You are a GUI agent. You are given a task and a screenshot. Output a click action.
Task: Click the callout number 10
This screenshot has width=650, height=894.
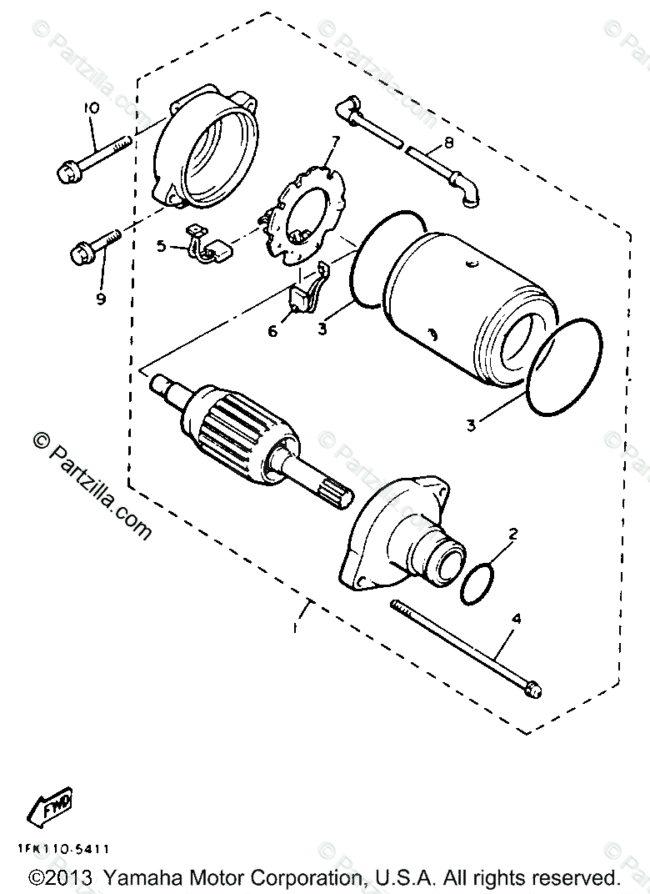pos(91,108)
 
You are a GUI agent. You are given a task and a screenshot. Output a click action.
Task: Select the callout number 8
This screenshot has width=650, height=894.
pos(449,143)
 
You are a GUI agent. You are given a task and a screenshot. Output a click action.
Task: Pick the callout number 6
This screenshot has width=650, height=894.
pos(272,331)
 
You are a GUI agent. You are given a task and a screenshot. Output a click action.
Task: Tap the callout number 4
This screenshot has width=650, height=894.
pos(516,620)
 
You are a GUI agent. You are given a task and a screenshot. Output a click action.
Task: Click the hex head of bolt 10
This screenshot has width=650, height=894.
pos(66,174)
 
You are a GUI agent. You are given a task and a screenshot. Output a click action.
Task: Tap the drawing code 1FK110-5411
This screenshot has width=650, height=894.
pos(62,850)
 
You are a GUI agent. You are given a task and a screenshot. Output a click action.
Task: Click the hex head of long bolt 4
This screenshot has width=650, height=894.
pos(532,689)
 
